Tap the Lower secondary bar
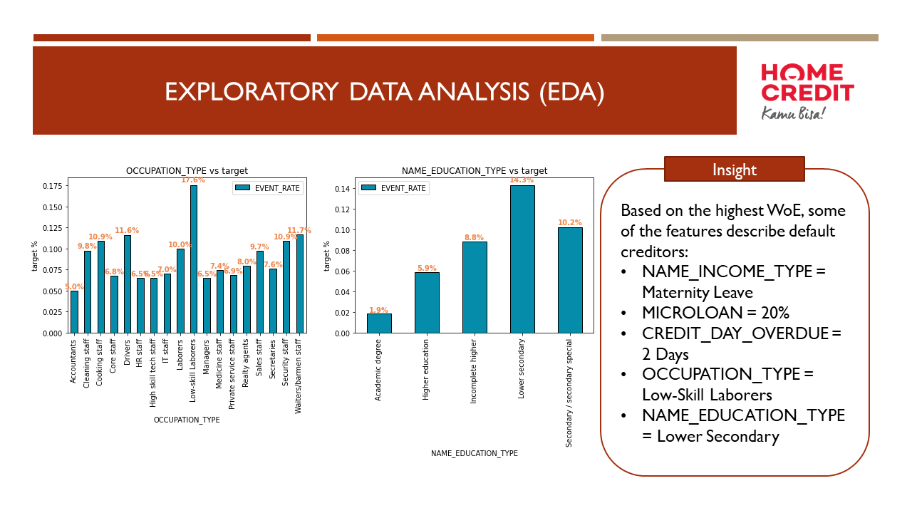pyautogui.click(x=522, y=259)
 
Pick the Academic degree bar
pyautogui.click(x=379, y=323)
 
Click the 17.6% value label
pyautogui.click(x=193, y=180)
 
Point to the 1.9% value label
pyautogui.click(x=379, y=310)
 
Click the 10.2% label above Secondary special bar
pyautogui.click(x=570, y=222)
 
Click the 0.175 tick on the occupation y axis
pyautogui.click(x=52, y=186)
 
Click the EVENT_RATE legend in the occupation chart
pyautogui.click(x=267, y=188)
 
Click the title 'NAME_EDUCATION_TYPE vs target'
pyautogui.click(x=475, y=171)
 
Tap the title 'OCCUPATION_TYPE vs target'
pyautogui.click(x=187, y=171)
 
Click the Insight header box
pyautogui.click(x=734, y=170)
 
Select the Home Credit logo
pyautogui.click(x=807, y=91)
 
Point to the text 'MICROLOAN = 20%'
pyautogui.click(x=715, y=313)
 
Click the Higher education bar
pyautogui.click(x=427, y=303)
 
